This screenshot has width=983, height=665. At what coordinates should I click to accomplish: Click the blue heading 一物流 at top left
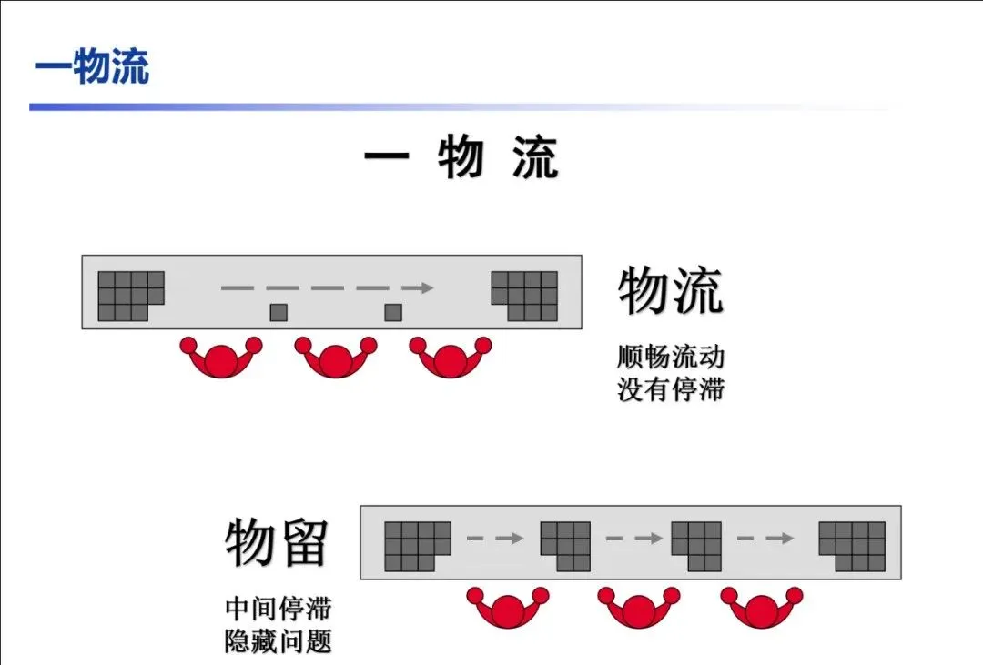click(92, 69)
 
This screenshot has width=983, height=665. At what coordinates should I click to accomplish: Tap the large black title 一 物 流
click(461, 159)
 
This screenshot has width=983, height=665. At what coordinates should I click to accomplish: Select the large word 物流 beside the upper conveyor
click(671, 290)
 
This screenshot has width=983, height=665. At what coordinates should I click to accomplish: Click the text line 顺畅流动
click(671, 356)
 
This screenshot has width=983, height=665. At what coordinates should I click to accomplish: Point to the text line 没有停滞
click(671, 389)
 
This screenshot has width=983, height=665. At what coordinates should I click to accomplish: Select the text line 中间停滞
click(278, 608)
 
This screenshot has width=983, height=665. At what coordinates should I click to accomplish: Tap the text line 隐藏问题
click(278, 641)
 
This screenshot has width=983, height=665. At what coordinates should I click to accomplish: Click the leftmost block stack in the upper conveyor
click(130, 296)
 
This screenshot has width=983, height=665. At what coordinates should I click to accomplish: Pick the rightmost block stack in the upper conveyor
click(525, 296)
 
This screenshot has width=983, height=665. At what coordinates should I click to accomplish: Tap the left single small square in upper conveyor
click(279, 312)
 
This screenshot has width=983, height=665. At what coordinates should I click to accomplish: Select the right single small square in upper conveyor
click(393, 312)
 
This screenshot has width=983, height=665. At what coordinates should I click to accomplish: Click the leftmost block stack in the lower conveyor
click(417, 546)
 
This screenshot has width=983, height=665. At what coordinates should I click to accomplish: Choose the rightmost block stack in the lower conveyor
click(852, 546)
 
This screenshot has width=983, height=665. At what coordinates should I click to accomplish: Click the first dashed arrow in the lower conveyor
click(495, 539)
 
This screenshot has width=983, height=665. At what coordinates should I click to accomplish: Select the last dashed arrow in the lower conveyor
click(765, 539)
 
